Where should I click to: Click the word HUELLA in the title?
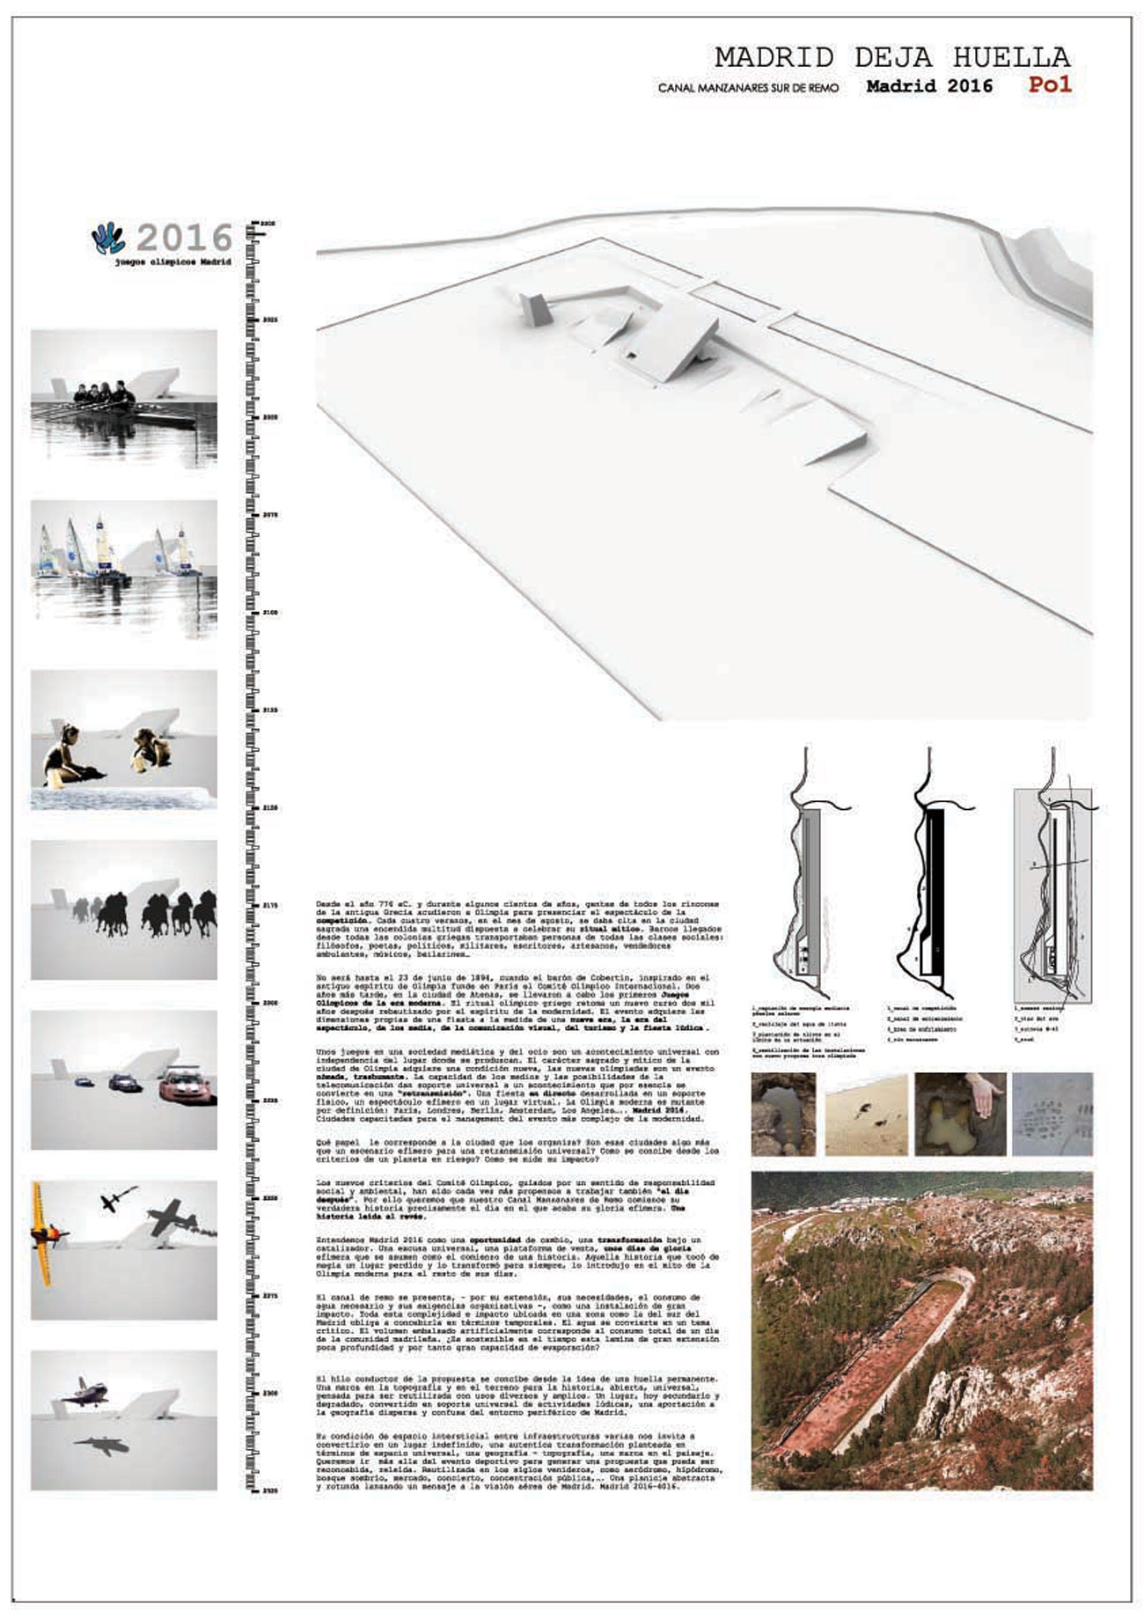coord(1012,58)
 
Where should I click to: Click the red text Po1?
coord(1049,85)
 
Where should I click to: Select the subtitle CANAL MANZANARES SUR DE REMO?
coord(748,88)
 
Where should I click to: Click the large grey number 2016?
coord(185,238)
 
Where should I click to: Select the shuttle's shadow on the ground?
coord(101,1445)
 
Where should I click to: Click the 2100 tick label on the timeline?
coord(269,611)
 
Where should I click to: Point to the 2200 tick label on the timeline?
coord(269,1002)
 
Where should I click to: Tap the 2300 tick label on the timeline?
coord(269,1394)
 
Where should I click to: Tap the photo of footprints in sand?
coord(866,1115)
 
